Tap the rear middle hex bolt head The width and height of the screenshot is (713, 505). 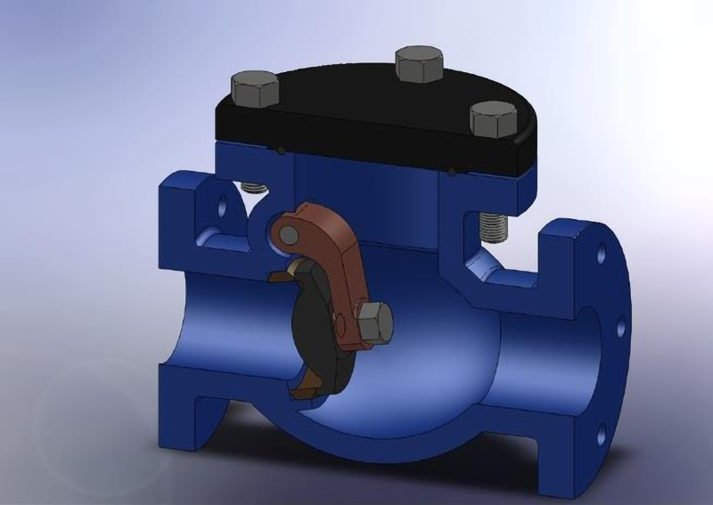pos(418,63)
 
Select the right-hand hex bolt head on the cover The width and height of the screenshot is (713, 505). pos(493,117)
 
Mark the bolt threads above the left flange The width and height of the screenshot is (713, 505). pos(255,189)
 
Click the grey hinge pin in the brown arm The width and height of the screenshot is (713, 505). pos(288,233)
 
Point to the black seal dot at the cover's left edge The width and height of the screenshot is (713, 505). pos(282,149)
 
